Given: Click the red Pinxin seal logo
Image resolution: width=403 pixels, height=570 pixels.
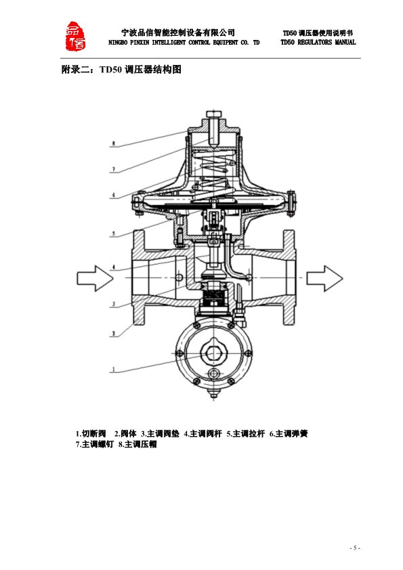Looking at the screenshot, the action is pyautogui.click(x=75, y=36).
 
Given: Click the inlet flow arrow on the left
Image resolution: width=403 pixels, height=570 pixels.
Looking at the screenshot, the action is pyautogui.click(x=95, y=278).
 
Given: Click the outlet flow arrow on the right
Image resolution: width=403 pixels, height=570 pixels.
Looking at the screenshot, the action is pyautogui.click(x=324, y=278).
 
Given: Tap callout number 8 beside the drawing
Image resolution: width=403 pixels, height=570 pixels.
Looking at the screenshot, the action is pyautogui.click(x=114, y=144).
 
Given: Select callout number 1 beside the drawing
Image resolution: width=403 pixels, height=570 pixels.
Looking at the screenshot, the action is pyautogui.click(x=114, y=370).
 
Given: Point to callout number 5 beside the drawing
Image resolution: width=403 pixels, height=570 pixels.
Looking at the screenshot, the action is pyautogui.click(x=114, y=234).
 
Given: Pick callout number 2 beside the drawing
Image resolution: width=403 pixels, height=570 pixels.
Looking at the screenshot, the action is pyautogui.click(x=114, y=333).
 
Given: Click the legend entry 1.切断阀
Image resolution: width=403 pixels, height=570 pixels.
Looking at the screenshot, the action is pyautogui.click(x=91, y=434).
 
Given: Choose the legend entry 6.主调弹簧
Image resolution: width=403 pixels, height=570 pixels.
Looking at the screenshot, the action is pyautogui.click(x=289, y=434).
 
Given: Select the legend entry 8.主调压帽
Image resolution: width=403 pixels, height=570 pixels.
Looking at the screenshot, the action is pyautogui.click(x=137, y=444).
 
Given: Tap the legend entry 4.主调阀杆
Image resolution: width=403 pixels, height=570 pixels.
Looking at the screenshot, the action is pyautogui.click(x=203, y=434).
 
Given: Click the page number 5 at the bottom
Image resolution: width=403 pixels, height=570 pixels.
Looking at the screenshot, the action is pyautogui.click(x=355, y=548).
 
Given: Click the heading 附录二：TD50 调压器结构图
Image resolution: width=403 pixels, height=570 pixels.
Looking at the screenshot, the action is pyautogui.click(x=121, y=69).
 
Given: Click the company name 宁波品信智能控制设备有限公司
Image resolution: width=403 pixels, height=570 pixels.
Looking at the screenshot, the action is pyautogui.click(x=178, y=32).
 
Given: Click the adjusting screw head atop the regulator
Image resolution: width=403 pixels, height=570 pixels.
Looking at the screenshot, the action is pyautogui.click(x=213, y=114).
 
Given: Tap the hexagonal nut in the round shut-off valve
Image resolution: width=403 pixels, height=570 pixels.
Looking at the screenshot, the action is pyautogui.click(x=213, y=352).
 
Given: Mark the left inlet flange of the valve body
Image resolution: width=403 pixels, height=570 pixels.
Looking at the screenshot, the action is pyautogui.click(x=139, y=278).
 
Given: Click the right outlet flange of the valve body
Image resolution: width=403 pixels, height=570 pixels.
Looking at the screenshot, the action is pyautogui.click(x=289, y=278).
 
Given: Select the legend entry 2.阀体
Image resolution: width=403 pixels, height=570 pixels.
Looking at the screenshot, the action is pyautogui.click(x=125, y=434).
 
